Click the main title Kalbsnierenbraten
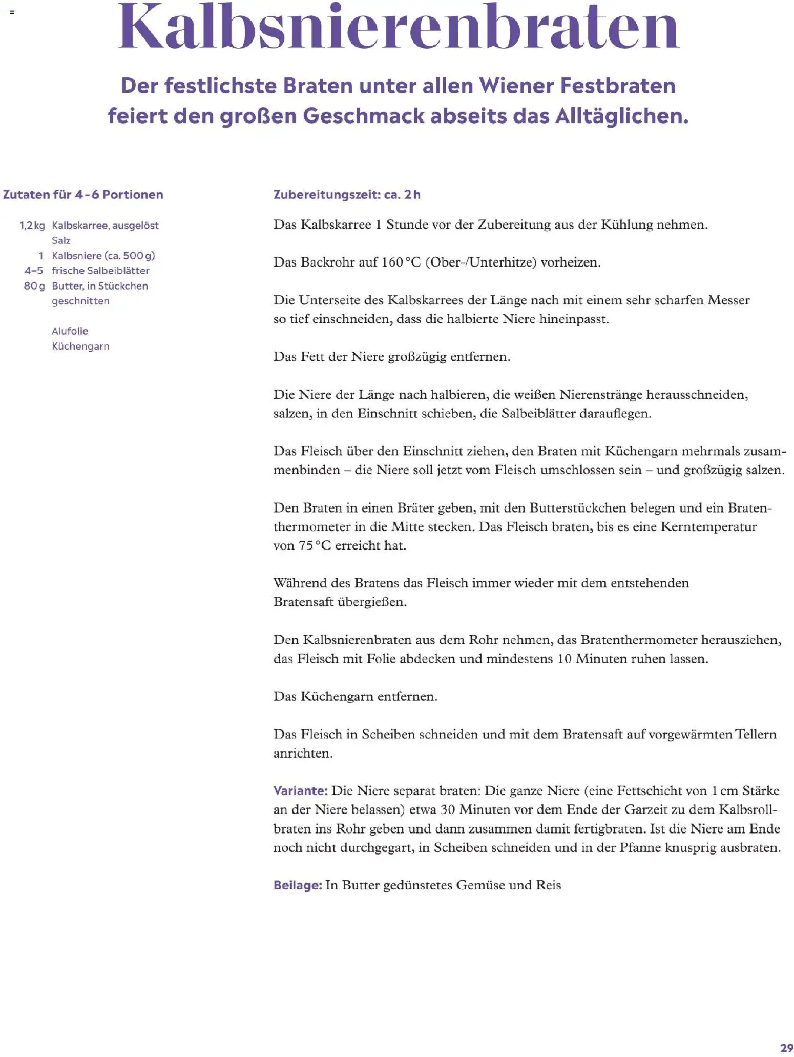tap(399, 27)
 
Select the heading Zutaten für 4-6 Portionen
tap(83, 195)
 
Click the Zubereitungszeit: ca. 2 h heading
tap(347, 195)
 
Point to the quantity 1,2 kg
tap(32, 226)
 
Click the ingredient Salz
tap(61, 240)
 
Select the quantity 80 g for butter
tap(34, 286)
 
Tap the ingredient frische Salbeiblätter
tap(100, 271)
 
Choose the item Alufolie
tap(70, 331)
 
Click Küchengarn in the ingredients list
tap(80, 347)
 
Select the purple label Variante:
tap(300, 790)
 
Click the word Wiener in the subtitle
tap(516, 86)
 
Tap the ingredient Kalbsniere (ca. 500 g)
tap(103, 256)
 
